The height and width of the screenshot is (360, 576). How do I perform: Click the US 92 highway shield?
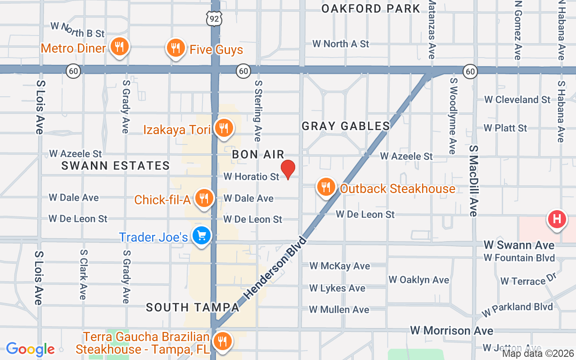coord(215,18)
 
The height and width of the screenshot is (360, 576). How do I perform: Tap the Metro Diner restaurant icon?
coord(119,47)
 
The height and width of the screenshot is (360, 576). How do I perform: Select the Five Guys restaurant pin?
coord(175,48)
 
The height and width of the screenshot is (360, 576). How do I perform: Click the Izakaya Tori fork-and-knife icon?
coord(223,128)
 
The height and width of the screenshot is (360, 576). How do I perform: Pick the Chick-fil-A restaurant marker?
coord(204,198)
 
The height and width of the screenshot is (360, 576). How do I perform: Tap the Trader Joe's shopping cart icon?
coord(201,235)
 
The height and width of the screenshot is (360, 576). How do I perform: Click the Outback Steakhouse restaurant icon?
coord(326,187)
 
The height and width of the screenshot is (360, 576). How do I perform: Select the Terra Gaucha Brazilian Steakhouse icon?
coord(222,342)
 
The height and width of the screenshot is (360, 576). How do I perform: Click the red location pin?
coord(288,170)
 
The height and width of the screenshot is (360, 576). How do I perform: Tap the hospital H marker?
coord(556,220)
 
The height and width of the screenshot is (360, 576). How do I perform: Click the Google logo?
coord(30,349)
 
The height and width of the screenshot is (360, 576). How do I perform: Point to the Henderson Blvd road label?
coord(275,268)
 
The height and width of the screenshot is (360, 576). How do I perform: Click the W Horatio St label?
coord(252,177)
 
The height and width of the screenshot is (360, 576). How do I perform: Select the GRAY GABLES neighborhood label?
coord(346,126)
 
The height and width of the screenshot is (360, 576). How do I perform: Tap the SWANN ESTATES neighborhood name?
coord(116,166)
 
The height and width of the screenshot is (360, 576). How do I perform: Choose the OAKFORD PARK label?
coord(371,9)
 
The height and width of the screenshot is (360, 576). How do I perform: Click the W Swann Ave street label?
coord(519,245)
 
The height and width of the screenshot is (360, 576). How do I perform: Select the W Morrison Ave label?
coord(451,331)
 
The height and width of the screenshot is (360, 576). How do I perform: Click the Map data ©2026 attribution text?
coord(538,354)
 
